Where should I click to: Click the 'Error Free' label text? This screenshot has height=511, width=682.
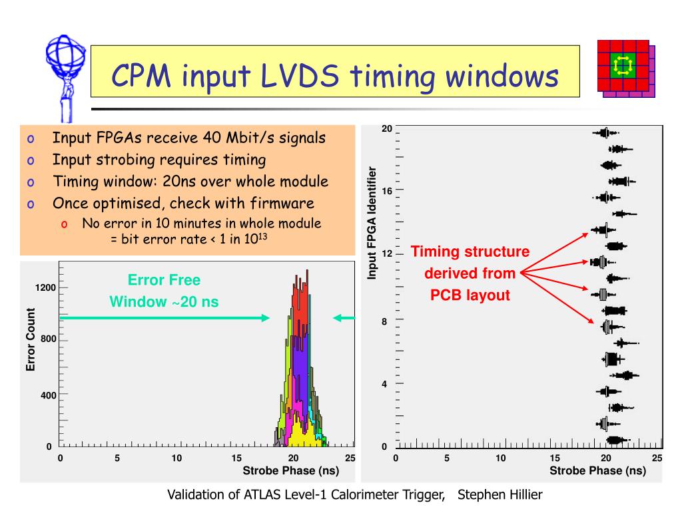[x=164, y=280]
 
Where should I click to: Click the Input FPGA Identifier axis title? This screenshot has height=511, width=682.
[x=373, y=223]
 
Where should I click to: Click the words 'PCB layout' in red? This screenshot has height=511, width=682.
[x=470, y=295]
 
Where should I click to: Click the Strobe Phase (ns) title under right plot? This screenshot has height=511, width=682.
[x=597, y=471]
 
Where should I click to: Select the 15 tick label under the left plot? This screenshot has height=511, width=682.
[x=236, y=458]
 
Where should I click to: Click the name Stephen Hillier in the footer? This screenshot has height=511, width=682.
[x=500, y=494]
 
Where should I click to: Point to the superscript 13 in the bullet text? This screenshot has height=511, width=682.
[x=263, y=235]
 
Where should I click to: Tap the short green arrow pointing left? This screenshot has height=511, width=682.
[x=344, y=318]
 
